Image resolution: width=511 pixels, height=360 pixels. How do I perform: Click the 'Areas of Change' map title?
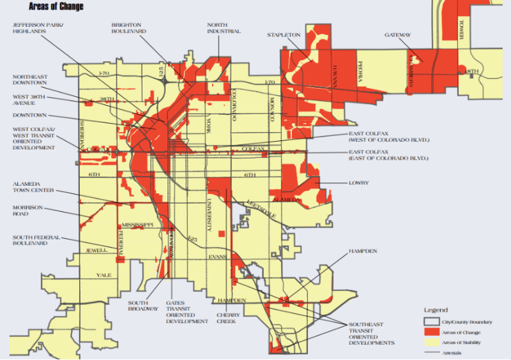point(56,6)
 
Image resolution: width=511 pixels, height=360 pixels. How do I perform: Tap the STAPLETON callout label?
point(283,35)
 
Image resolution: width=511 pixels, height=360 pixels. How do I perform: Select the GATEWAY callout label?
point(397,35)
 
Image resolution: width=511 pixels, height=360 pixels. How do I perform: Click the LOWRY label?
point(358,183)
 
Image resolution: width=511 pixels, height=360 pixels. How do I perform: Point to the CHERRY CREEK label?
point(228,318)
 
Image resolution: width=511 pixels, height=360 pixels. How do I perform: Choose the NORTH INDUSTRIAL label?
point(224,28)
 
